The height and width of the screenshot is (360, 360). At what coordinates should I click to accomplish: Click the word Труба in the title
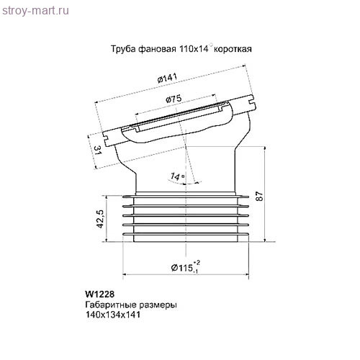tap(122, 50)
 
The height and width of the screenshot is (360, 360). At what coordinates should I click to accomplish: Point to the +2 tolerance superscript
tap(197, 262)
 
